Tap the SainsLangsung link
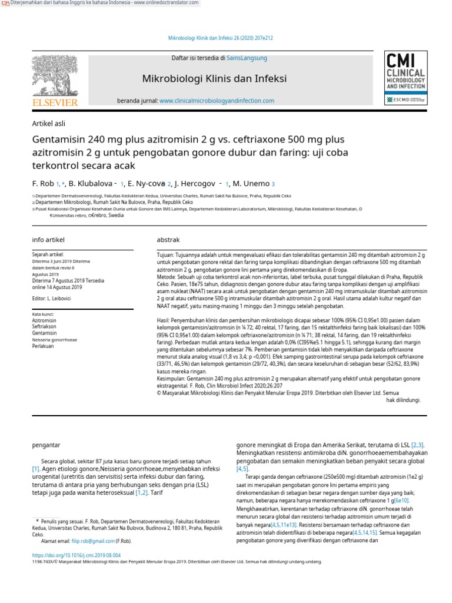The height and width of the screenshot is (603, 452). coord(247,58)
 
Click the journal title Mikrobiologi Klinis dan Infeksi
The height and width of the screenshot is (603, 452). coord(214,78)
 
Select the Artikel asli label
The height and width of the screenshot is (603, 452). coord(48,124)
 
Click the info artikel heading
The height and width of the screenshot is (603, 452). coord(48,240)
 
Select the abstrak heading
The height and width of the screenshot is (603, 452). coord(168,240)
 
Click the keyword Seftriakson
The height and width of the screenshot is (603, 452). coord(44,326)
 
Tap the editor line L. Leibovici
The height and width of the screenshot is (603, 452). coord(52,300)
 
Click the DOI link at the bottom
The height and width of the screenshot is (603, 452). coord(76,555)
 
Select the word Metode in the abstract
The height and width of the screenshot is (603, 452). coord(166,276)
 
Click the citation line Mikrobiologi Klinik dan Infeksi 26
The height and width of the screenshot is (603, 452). coord(220,38)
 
